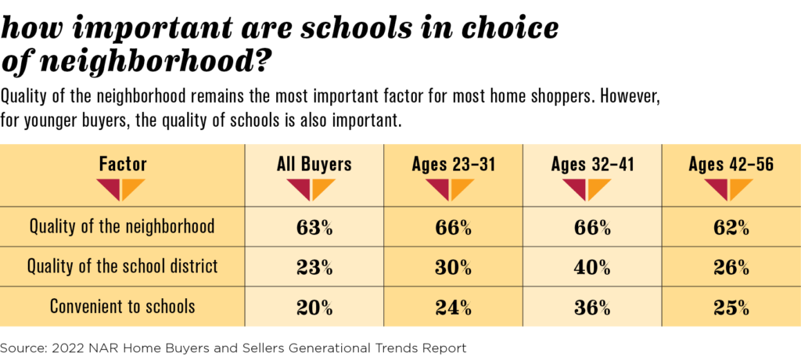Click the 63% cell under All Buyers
click(315, 229)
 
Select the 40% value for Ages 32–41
click(593, 268)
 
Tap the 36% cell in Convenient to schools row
click(593, 307)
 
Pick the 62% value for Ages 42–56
click(731, 229)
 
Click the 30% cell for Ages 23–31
click(454, 268)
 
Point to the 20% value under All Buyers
click(315, 307)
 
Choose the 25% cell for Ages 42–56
click(731, 307)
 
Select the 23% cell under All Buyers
click(315, 268)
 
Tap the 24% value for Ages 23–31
click(454, 307)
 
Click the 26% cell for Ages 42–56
click(731, 268)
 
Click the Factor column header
click(123, 164)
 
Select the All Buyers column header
click(315, 164)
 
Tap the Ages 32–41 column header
click(592, 164)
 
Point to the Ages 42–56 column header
click(731, 164)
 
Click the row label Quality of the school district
click(123, 268)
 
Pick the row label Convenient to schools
click(123, 307)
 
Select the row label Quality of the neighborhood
click(123, 229)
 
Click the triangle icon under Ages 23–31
click(454, 189)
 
